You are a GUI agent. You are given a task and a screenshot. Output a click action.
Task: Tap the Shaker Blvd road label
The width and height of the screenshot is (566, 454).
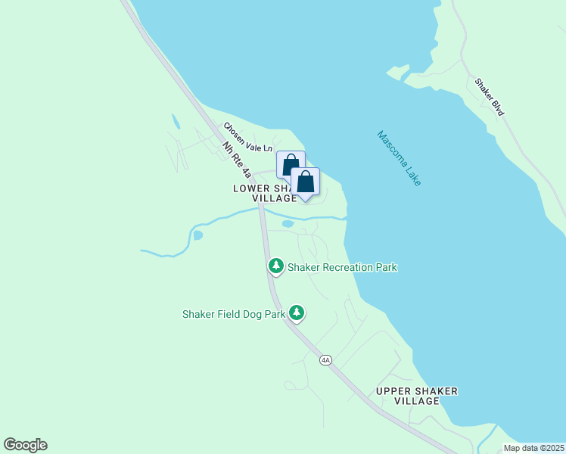point(490,96)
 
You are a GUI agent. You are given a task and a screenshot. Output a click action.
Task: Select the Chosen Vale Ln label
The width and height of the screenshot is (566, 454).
point(247,138)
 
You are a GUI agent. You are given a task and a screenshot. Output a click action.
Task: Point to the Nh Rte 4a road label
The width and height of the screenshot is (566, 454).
point(237,160)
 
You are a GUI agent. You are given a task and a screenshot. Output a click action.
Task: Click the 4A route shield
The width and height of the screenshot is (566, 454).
point(326,360)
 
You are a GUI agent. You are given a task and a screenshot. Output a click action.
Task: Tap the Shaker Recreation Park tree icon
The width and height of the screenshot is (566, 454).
point(276,266)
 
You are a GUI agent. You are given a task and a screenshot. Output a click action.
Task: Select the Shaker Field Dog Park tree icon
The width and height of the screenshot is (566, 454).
point(297,313)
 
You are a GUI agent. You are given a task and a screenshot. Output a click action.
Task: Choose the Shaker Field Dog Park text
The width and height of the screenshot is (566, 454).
point(233,313)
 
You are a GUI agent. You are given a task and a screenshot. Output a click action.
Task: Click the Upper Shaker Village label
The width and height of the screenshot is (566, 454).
point(417,396)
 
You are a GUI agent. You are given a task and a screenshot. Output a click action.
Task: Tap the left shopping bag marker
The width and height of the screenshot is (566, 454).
point(290,166)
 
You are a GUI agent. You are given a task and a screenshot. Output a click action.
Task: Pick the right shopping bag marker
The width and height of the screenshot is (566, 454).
point(305,182)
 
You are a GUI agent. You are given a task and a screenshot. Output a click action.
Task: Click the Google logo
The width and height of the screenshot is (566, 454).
point(25,445)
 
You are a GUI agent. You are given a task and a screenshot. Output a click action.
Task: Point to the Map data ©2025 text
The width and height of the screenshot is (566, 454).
point(533,447)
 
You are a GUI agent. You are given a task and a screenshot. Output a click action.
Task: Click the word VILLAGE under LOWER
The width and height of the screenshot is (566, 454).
point(275,198)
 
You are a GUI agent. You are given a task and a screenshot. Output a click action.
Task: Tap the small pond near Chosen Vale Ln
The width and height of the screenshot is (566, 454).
point(176,121)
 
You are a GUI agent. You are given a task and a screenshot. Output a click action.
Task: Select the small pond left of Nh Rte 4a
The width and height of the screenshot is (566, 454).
point(197,235)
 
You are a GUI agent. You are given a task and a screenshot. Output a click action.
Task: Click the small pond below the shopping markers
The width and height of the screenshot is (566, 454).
point(288,224)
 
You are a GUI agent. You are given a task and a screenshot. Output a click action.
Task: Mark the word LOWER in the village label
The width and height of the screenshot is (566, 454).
point(251,188)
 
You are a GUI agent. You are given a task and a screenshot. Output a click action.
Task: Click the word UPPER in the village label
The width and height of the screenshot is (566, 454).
point(394,390)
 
